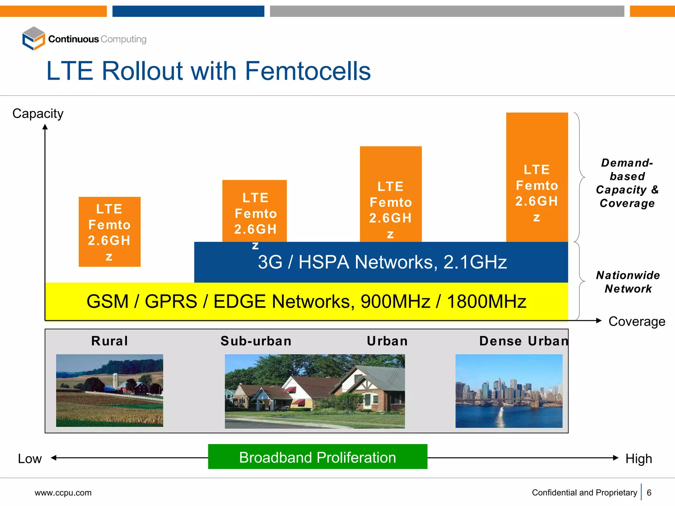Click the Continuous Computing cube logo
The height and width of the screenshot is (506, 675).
coord(33,39)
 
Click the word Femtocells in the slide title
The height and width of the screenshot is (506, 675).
coord(308,71)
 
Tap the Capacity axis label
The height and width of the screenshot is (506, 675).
coord(38,114)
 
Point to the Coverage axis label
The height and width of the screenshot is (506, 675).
coord(636,322)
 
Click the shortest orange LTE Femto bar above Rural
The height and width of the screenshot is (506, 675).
coord(109,232)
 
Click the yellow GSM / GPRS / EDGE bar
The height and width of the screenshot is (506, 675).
coord(306,301)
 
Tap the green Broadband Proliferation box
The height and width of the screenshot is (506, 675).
coord(318,457)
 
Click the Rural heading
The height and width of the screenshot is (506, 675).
coord(110,341)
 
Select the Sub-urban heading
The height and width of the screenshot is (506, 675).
coord(256,341)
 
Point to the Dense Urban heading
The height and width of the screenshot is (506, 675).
coord(524,341)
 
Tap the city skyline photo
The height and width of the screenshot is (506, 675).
coord(509,391)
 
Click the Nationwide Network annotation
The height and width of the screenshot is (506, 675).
coord(628,282)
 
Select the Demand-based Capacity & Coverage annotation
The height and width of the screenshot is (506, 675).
coord(627,183)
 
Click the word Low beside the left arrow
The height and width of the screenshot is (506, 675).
coord(30,459)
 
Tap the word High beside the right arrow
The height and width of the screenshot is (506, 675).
coord(639,459)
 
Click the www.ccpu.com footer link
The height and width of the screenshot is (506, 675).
coord(63,493)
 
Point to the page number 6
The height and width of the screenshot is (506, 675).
coord(649,492)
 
